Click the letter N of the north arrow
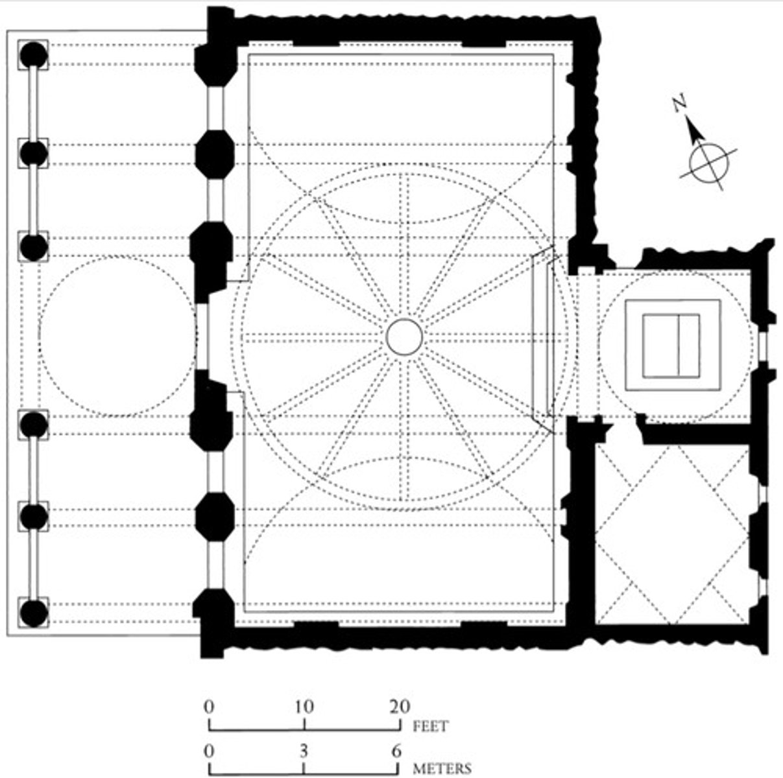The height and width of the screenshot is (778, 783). (679, 104)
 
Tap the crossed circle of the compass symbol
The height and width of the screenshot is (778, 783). (708, 161)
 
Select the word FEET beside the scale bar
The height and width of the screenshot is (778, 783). (430, 725)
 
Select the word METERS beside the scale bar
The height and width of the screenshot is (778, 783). (442, 769)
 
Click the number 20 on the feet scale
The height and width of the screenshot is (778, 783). (399, 706)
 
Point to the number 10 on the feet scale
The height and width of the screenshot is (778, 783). (304, 706)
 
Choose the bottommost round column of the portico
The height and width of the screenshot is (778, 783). (34, 613)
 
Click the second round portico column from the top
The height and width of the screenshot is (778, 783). (34, 154)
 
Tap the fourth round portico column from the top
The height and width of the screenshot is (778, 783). (34, 425)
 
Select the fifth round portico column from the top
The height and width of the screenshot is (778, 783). (34, 516)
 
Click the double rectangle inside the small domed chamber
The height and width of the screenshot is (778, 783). (671, 345)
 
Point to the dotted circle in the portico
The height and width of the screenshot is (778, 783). (117, 336)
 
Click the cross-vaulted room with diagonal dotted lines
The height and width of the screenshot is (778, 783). (672, 535)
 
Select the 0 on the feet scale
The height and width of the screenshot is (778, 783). (209, 706)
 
